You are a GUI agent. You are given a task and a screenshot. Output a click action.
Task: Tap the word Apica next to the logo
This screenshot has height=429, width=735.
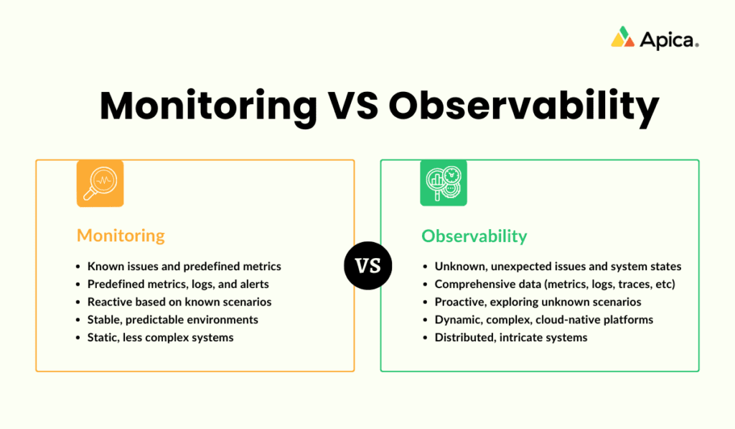[668, 40]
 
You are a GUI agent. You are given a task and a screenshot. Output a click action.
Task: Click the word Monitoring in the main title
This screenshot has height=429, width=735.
[208, 106]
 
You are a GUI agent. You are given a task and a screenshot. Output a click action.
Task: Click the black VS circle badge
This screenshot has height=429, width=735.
[367, 265]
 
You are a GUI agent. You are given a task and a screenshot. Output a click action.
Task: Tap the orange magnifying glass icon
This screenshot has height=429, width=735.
[100, 183]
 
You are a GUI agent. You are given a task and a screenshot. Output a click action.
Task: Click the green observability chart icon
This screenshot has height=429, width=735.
[443, 183]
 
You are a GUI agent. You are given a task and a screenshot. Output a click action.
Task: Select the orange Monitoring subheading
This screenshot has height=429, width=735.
[121, 235]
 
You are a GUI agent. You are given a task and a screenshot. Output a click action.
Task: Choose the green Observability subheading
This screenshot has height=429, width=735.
[474, 236]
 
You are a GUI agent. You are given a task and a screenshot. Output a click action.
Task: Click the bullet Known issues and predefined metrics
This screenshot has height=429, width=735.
[184, 266]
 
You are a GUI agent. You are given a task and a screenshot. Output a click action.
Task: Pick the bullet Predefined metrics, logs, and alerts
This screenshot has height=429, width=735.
[178, 284]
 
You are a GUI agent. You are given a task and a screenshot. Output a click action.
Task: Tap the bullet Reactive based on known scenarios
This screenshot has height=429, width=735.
[179, 302]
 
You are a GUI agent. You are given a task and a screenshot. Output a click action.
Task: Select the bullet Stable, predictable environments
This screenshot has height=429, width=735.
[172, 320]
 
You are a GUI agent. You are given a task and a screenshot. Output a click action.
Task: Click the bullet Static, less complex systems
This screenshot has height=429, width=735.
[160, 337]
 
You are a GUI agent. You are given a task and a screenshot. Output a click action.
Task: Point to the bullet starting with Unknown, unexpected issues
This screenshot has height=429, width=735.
[558, 266]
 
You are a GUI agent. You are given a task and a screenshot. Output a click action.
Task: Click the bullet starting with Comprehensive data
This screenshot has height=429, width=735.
[555, 284]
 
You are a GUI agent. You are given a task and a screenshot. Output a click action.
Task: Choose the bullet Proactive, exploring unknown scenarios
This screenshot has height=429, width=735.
[538, 302]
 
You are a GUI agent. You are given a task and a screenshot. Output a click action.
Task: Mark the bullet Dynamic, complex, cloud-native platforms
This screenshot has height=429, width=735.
[543, 320]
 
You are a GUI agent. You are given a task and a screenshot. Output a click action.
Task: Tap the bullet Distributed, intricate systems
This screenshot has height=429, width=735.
[510, 337]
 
